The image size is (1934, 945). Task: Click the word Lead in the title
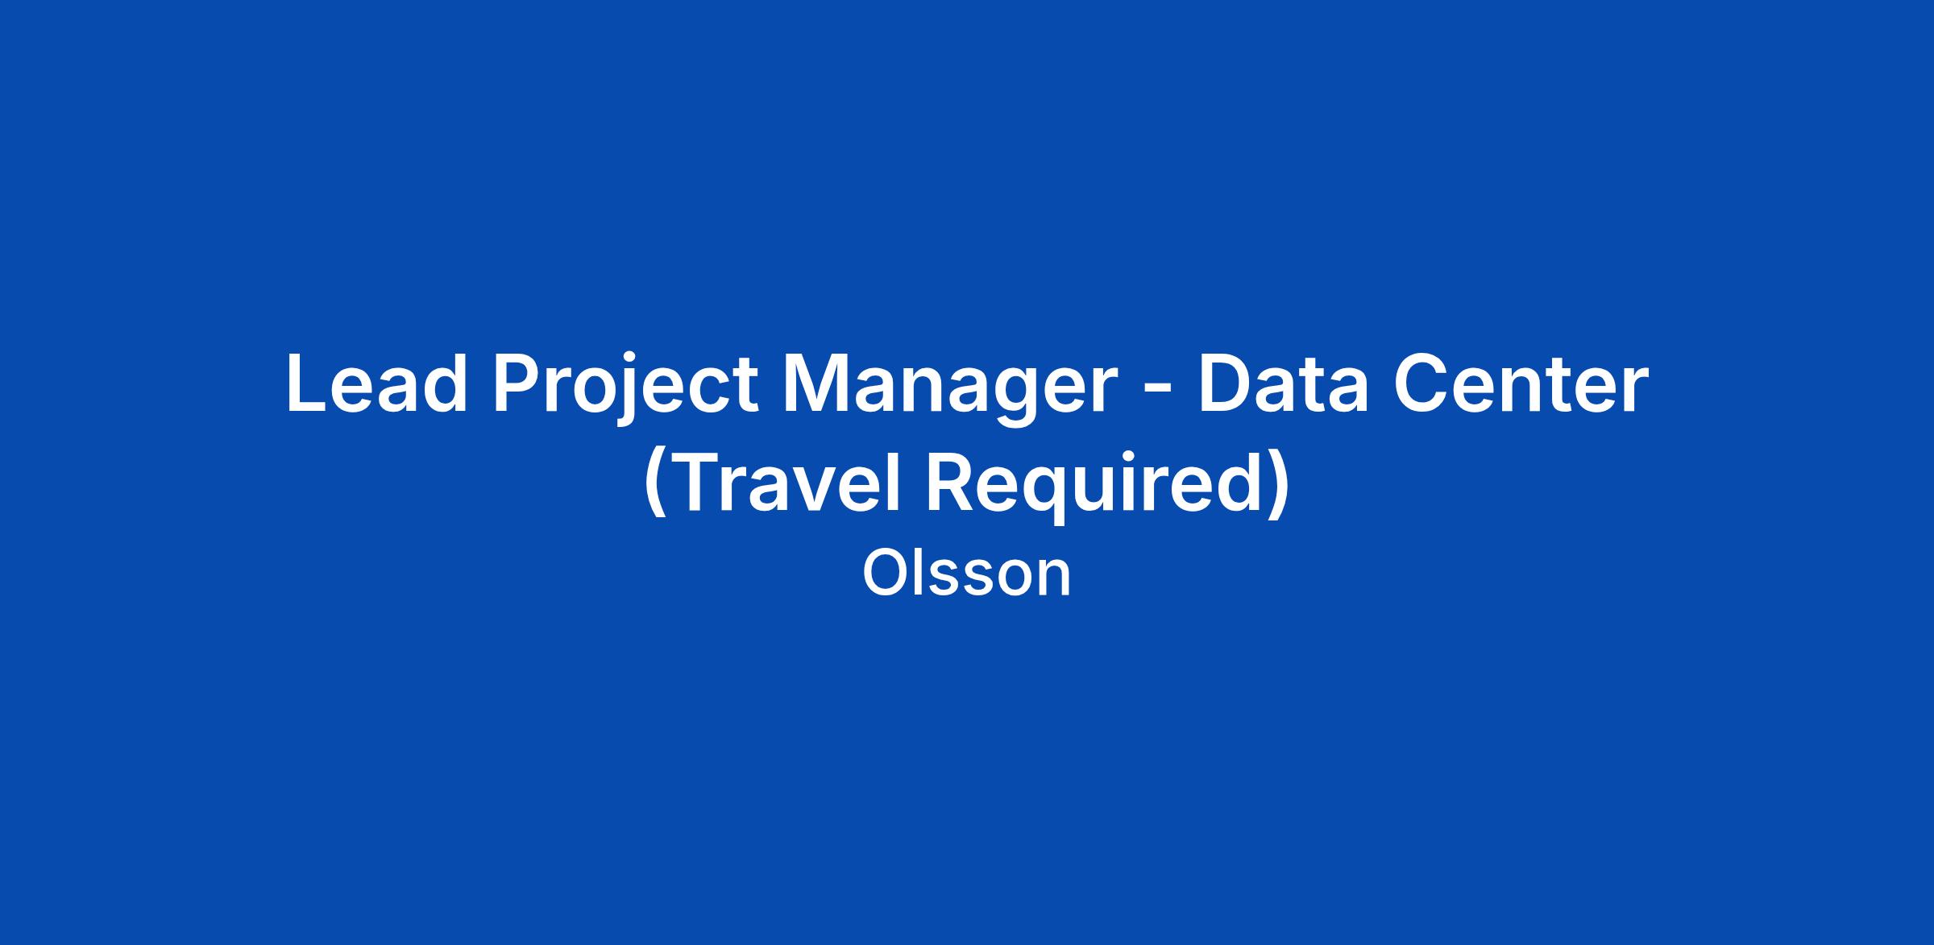click(377, 384)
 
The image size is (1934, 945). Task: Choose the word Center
click(1521, 384)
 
